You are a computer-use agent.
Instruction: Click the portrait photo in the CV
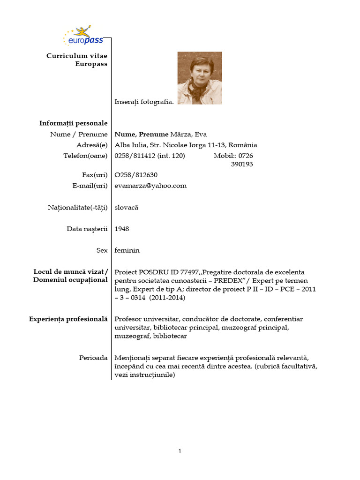pyautogui.click(x=199, y=78)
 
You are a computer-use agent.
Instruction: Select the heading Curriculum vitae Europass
pyautogui.click(x=77, y=60)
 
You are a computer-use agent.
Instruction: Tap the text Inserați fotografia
pyautogui.click(x=144, y=101)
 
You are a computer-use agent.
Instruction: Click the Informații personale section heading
pyautogui.click(x=73, y=123)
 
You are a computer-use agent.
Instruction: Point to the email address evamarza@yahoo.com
pyautogui.click(x=150, y=186)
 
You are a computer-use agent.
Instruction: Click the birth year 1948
pyautogui.click(x=122, y=229)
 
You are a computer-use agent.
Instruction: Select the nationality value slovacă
pyautogui.click(x=127, y=207)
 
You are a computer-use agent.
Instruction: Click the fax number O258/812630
pyautogui.click(x=133, y=175)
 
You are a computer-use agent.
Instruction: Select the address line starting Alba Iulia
pyautogui.click(x=186, y=145)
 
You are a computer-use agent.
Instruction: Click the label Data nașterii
pyautogui.click(x=87, y=229)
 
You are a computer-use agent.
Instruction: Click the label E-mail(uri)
pyautogui.click(x=88, y=186)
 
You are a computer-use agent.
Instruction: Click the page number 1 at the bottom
pyautogui.click(x=180, y=451)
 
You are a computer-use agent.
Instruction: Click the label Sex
pyautogui.click(x=102, y=250)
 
